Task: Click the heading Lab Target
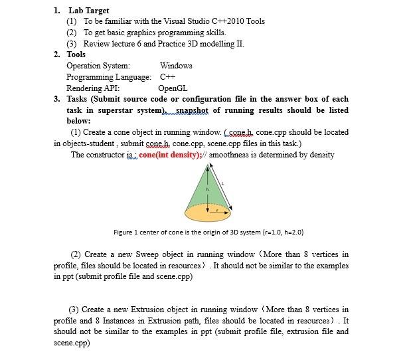[x=88, y=11]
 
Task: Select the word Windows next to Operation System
[x=176, y=66]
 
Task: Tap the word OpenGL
[x=173, y=88]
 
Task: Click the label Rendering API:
[x=93, y=88]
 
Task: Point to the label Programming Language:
[x=109, y=76]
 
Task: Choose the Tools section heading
[x=76, y=54]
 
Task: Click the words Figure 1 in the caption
[x=127, y=232]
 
